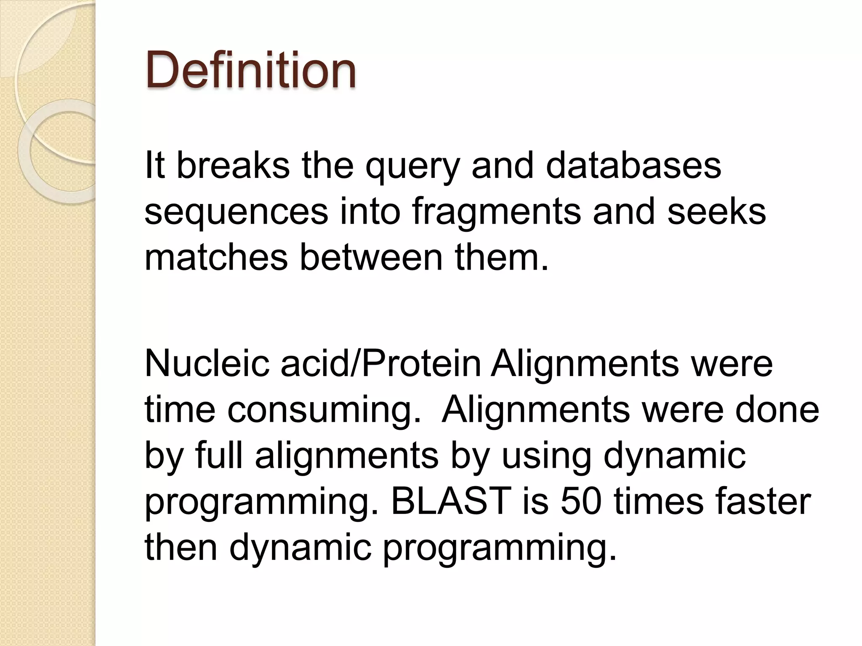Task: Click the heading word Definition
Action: (251, 70)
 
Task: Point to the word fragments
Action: (497, 212)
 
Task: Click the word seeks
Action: (716, 212)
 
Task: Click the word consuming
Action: (325, 410)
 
